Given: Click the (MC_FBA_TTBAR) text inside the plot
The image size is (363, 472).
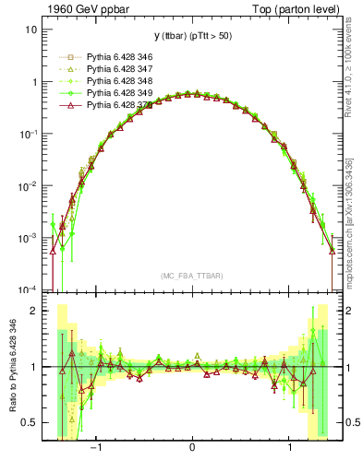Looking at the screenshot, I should click(x=191, y=275).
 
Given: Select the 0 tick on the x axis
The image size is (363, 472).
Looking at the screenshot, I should click(x=192, y=452).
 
